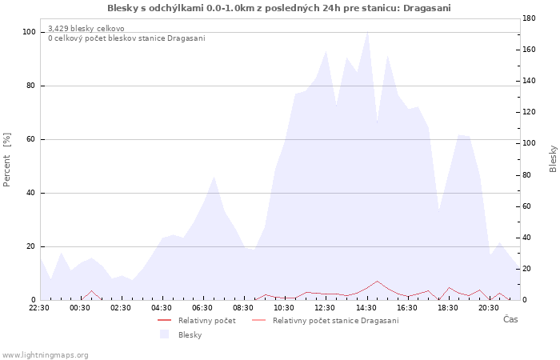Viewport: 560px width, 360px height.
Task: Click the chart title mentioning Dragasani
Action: tap(279, 8)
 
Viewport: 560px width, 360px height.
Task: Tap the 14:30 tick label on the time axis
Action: tap(366, 308)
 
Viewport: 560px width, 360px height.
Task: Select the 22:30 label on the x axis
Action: tap(39, 308)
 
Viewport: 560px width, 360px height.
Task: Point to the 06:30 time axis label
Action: tap(202, 308)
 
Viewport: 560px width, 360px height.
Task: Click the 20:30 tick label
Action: tap(489, 308)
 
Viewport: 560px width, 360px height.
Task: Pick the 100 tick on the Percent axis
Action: tap(30, 32)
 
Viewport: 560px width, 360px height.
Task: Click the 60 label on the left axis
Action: tap(31, 139)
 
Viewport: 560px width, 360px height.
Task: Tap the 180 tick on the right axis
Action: tap(529, 18)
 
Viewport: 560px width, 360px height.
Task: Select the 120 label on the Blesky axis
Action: tap(529, 112)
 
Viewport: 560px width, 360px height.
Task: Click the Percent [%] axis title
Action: tap(6, 160)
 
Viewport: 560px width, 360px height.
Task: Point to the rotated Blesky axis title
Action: tap(553, 159)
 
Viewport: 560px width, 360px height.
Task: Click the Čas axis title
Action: tap(510, 319)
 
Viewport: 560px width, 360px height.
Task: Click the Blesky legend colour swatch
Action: tap(164, 334)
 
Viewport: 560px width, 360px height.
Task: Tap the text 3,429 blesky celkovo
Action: tap(86, 29)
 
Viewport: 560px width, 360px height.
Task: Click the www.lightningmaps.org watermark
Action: tap(44, 355)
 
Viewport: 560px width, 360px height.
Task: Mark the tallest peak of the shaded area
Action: tap(367, 32)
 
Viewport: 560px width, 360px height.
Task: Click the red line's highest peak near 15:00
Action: tap(377, 281)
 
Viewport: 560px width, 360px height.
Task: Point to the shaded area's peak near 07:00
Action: tap(214, 177)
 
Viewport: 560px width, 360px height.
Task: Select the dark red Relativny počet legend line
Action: tap(164, 320)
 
